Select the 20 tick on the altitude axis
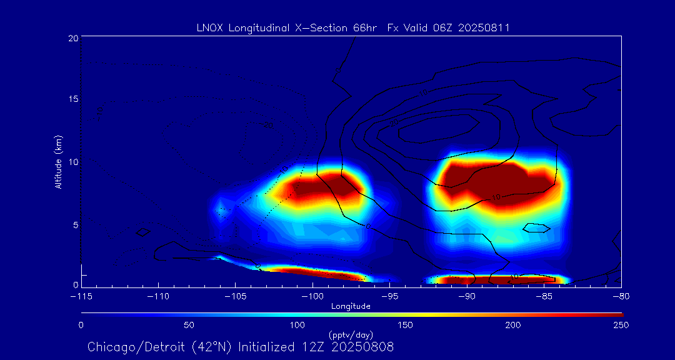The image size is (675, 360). pos(73,38)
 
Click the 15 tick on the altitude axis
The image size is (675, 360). pos(73,99)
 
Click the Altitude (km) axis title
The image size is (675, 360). pos(58,161)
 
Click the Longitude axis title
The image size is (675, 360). pos(351,306)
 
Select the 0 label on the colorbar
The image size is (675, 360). pos(81,325)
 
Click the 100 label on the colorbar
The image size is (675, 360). pos(297,325)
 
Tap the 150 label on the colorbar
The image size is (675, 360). pos(406,325)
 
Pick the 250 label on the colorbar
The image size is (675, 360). pos(621,325)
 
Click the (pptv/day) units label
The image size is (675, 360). pos(351,334)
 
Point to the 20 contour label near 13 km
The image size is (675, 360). pos(394,122)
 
